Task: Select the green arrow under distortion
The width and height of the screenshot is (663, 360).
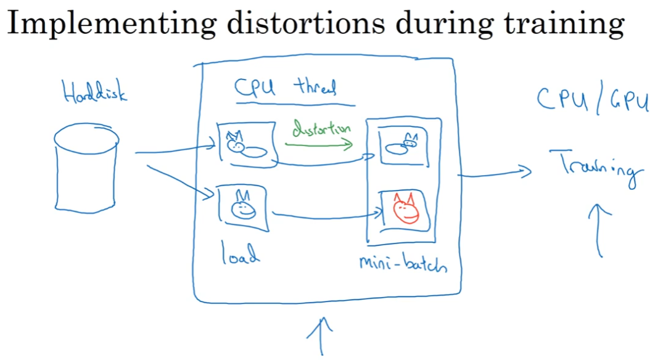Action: pos(318,145)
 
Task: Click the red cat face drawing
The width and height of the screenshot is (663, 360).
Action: pos(404,209)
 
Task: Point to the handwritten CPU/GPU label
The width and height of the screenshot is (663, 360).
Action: pos(593,100)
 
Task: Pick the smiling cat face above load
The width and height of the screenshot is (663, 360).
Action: pos(242,207)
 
